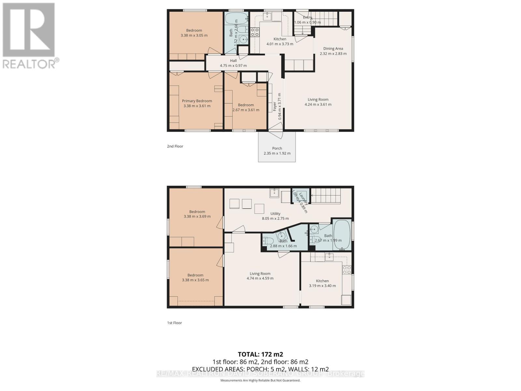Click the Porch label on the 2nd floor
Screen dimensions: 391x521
tap(277, 148)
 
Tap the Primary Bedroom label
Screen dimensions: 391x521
tap(197, 101)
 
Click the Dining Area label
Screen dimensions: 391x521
tap(333, 49)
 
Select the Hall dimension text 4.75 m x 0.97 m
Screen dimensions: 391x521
tap(233, 65)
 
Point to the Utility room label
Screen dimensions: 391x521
tap(275, 214)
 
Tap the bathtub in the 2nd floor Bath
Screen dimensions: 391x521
tap(236, 18)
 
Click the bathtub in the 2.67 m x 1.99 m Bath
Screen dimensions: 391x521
tap(342, 235)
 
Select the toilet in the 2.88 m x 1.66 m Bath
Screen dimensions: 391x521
tap(267, 241)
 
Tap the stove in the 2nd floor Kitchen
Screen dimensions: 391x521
tap(255, 32)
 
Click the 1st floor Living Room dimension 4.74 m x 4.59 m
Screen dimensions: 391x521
tap(260, 278)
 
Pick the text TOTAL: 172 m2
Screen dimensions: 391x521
tap(260, 354)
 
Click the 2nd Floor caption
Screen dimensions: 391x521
tap(175, 146)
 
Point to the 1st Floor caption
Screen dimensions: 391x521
tap(175, 323)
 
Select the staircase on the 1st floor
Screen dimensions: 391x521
tap(326, 196)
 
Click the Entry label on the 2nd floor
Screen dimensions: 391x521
tap(307, 18)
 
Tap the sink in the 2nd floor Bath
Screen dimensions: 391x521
tap(243, 40)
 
